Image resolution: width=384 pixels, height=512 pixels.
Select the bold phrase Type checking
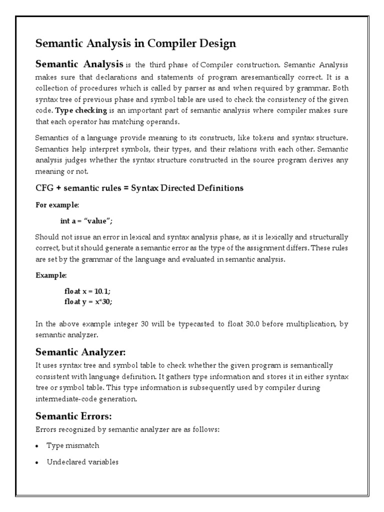(x=77, y=110)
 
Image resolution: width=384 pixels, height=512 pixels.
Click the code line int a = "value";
(x=90, y=221)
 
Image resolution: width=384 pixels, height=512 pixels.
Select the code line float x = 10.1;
(x=88, y=291)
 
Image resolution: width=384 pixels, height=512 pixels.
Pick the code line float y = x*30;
(x=89, y=301)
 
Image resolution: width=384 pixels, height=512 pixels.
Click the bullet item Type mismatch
(x=72, y=445)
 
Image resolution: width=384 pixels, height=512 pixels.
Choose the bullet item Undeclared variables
(x=82, y=462)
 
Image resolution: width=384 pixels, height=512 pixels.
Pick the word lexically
(x=268, y=236)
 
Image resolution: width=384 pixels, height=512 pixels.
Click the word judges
(x=77, y=160)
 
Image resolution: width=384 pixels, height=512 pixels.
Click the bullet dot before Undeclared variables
(x=38, y=462)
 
